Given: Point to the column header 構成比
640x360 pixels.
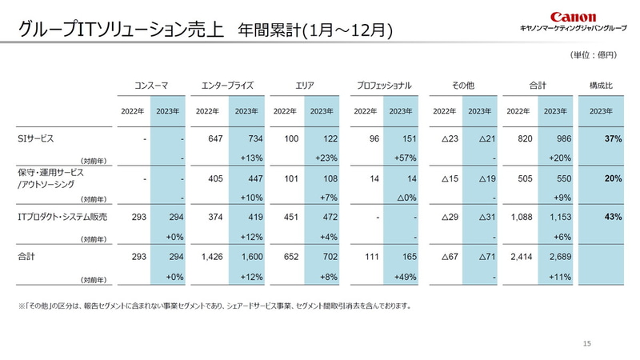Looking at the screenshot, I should (x=601, y=84).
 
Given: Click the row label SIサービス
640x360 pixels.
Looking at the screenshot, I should (x=36, y=138).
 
